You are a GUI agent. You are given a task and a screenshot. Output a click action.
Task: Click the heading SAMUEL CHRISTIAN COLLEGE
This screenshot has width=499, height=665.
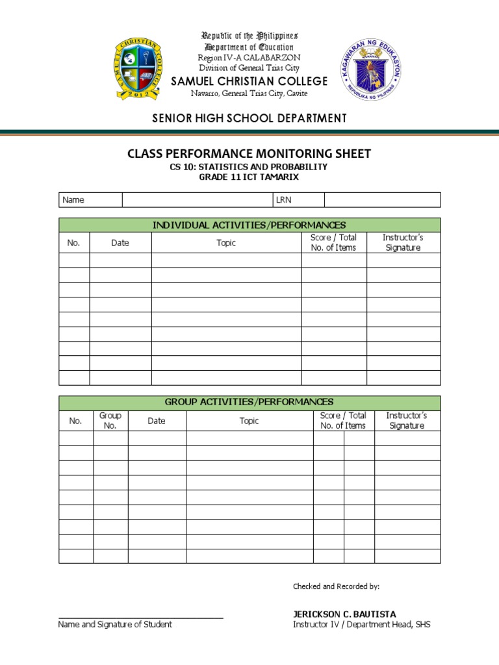tap(249, 81)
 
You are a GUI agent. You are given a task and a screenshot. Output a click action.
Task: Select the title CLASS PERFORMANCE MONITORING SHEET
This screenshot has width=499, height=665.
tap(249, 154)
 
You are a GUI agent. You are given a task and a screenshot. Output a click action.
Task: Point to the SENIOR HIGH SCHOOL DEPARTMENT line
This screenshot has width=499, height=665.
tap(249, 118)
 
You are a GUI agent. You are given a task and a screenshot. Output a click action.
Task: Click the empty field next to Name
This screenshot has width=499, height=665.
tap(197, 200)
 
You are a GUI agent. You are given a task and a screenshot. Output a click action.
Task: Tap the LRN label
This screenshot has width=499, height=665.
tap(284, 200)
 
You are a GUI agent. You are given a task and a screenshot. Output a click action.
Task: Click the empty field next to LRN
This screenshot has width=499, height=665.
tap(382, 200)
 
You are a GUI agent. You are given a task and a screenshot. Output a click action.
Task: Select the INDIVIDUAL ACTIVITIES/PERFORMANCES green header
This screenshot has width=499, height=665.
tap(249, 225)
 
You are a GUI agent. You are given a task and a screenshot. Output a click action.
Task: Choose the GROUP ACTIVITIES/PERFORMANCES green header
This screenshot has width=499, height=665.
tap(249, 403)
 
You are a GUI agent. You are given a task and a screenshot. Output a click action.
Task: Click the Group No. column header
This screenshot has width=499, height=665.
tap(110, 421)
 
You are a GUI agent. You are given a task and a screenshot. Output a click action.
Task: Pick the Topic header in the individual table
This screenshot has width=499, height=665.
tap(226, 243)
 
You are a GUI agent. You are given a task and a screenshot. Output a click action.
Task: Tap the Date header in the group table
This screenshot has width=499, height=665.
tap(157, 421)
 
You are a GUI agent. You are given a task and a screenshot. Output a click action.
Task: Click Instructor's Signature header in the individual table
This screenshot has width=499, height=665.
tap(403, 243)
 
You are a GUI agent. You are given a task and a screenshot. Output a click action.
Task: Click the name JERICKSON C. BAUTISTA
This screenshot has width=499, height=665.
tap(344, 614)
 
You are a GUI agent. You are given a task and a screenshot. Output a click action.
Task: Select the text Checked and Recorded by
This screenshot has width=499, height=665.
tap(336, 586)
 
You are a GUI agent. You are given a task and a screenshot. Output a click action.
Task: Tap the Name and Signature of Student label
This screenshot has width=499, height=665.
tap(115, 625)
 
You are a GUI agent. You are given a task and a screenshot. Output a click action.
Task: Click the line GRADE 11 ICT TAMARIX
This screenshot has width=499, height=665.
tap(249, 177)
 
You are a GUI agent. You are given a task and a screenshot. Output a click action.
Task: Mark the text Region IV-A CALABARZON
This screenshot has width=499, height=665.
tap(249, 58)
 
